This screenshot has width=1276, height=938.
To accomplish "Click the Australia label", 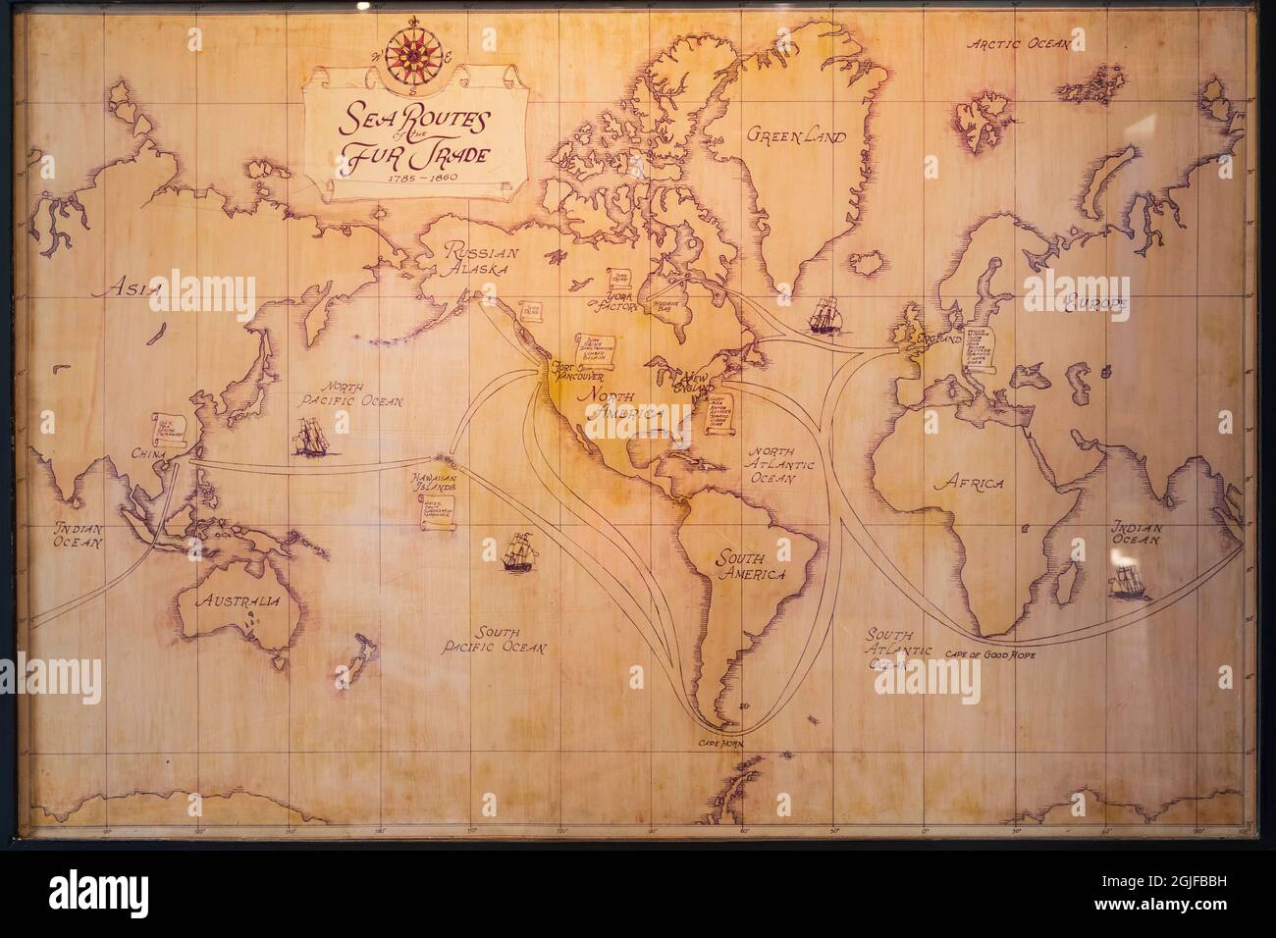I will (x=238, y=600).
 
